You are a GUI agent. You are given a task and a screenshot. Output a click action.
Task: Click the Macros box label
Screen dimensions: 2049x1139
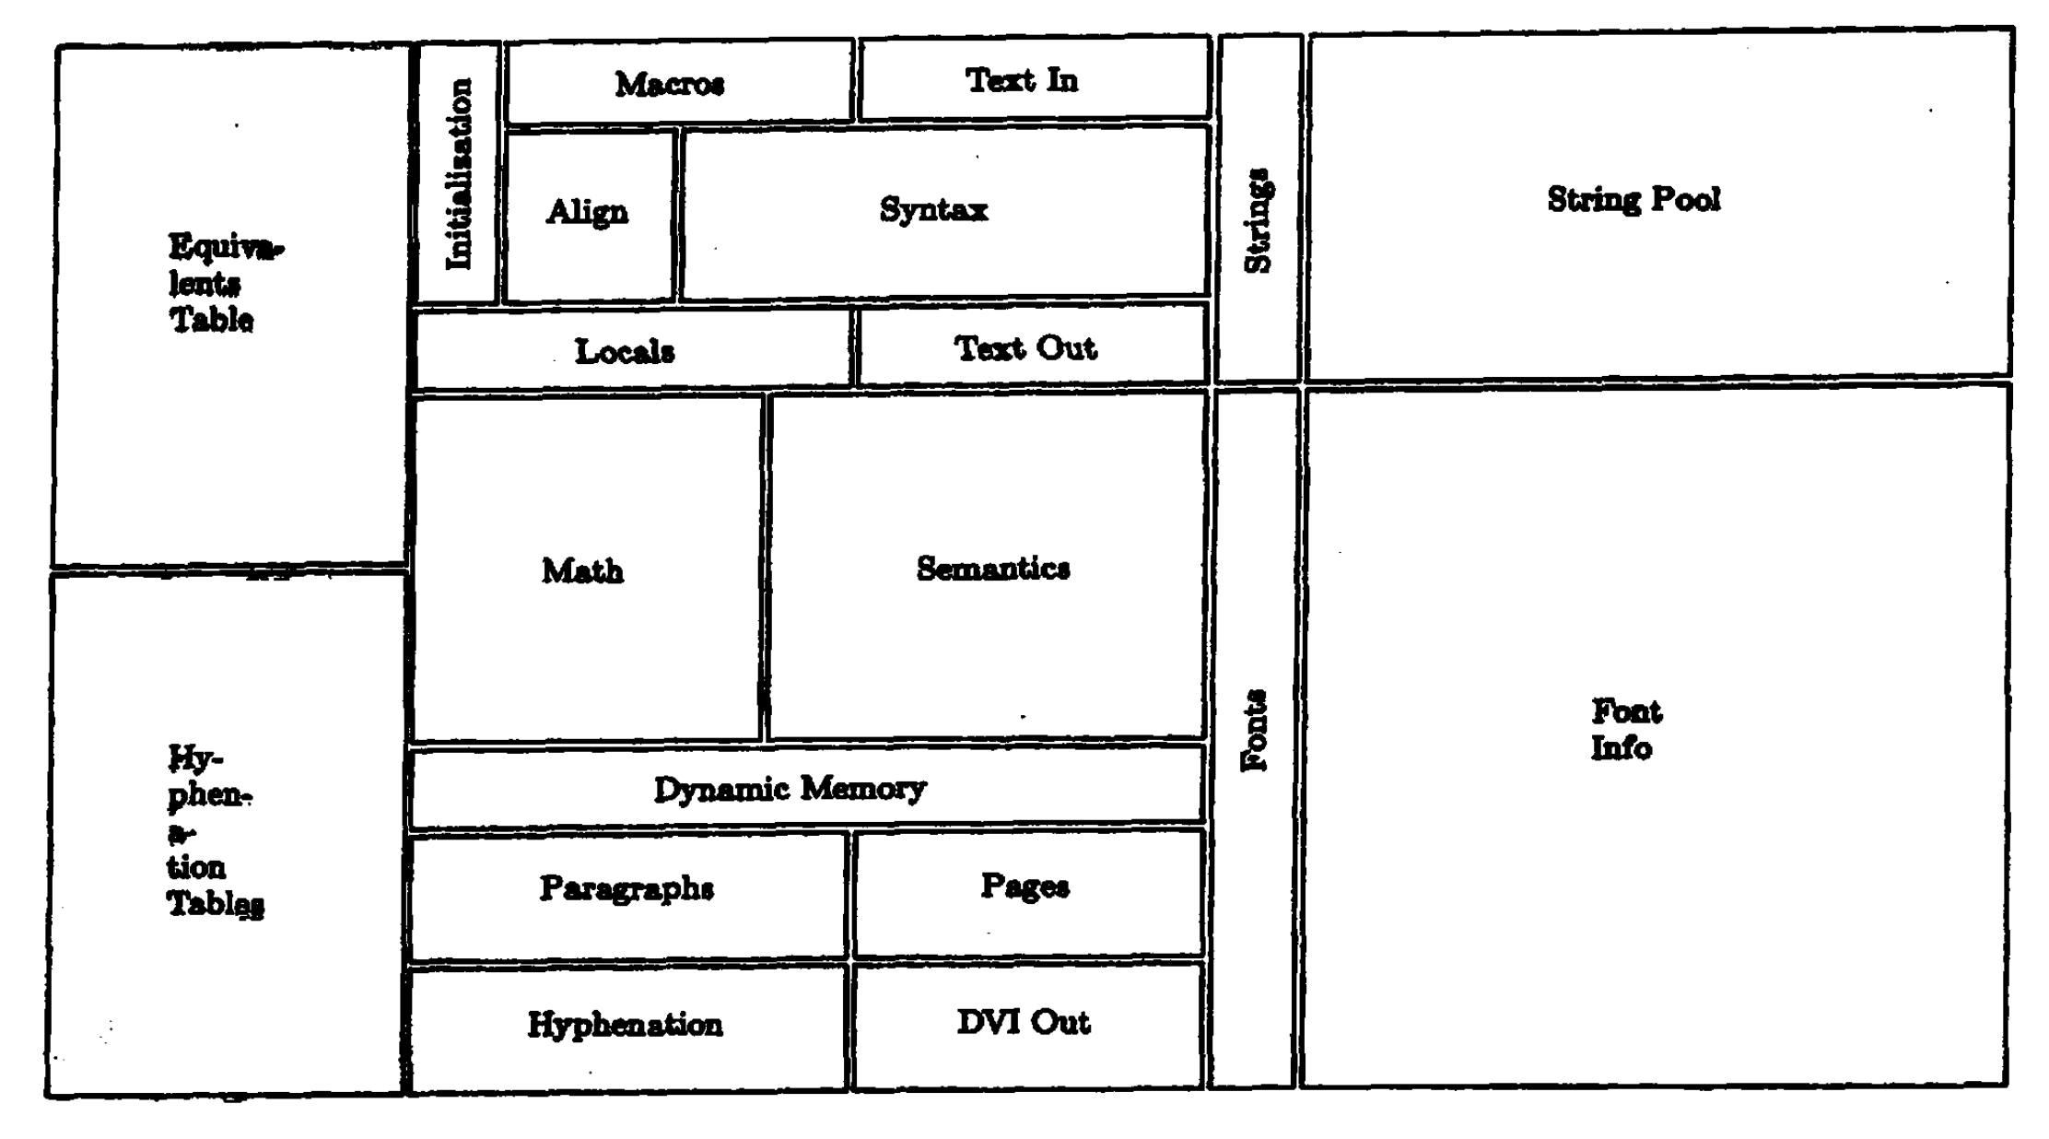(670, 84)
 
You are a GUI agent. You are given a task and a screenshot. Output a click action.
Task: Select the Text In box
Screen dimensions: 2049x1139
(1022, 80)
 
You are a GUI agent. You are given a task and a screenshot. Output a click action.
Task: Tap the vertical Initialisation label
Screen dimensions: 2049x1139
(459, 174)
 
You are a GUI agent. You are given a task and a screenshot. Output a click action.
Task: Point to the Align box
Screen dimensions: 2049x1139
(588, 212)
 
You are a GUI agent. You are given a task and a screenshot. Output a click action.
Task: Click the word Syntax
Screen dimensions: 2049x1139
(933, 209)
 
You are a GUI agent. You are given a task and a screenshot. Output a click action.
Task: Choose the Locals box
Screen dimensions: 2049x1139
(625, 351)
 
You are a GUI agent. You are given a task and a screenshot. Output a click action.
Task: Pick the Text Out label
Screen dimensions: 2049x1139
(1024, 348)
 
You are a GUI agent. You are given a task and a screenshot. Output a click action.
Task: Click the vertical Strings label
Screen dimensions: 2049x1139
(1259, 221)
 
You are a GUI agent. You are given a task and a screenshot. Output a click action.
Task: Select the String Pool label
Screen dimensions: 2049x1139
(1633, 199)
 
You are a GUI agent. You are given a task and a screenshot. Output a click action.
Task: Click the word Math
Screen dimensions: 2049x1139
(582, 570)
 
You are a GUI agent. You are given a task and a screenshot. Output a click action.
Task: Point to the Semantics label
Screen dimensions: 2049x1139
(993, 568)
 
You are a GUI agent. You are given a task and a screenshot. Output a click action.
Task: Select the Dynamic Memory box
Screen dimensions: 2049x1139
(790, 789)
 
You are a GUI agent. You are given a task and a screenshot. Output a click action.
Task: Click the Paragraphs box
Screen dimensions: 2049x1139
(626, 888)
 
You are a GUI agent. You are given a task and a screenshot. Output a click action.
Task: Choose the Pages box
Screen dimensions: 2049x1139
(1024, 887)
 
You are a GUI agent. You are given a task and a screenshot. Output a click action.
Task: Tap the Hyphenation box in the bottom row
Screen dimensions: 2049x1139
(625, 1025)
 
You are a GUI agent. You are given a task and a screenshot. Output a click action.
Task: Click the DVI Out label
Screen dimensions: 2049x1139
(1023, 1022)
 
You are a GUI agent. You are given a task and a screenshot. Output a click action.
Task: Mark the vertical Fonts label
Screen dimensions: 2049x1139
(1255, 730)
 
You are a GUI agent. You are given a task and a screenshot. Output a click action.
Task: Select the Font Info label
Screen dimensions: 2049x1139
(1625, 729)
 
